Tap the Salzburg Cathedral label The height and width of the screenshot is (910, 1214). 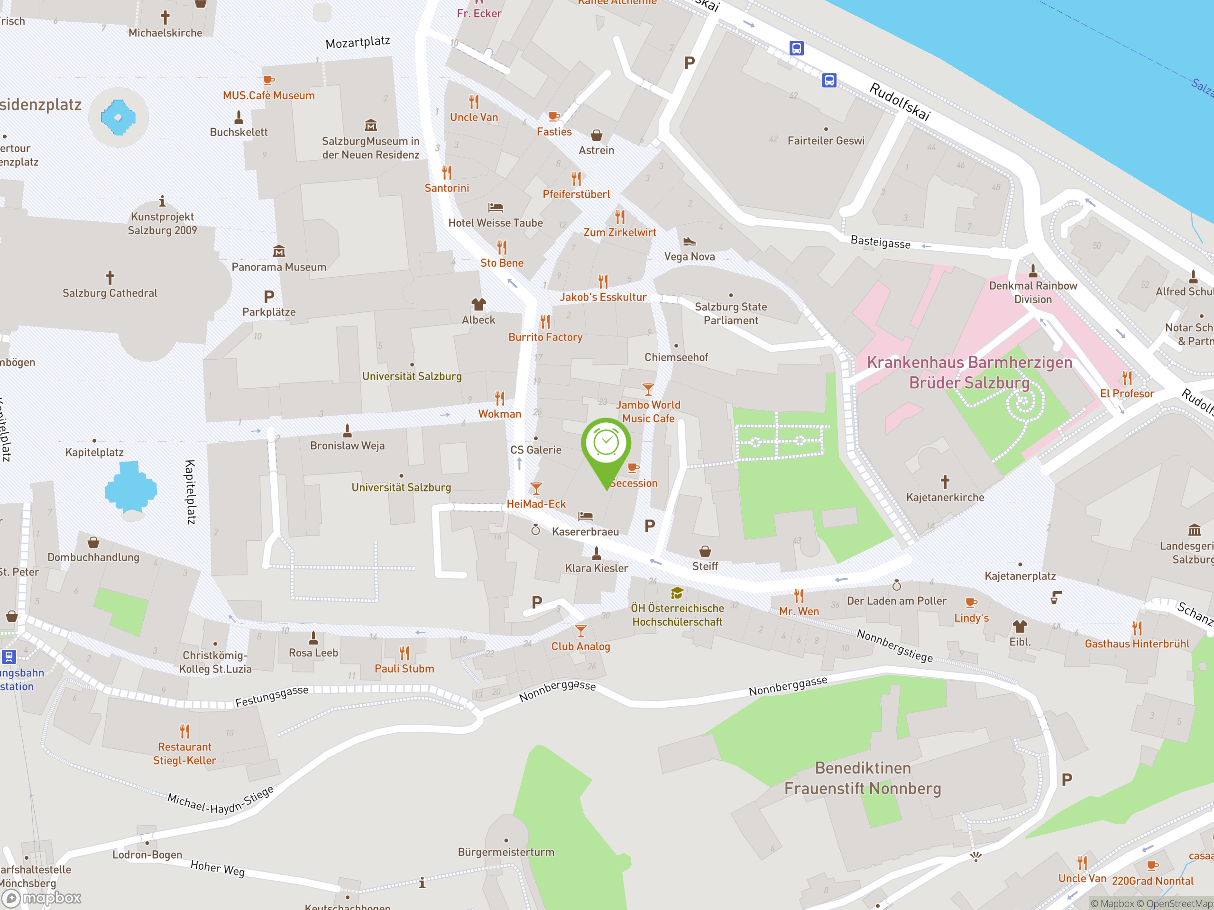[x=110, y=293]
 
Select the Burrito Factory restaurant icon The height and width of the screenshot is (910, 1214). [x=545, y=321]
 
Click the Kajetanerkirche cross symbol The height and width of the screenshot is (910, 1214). [x=945, y=482]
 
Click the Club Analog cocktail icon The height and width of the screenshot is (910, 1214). [x=580, y=630]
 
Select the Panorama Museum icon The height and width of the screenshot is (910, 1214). [x=279, y=251]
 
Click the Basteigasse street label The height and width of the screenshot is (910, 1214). [x=880, y=242]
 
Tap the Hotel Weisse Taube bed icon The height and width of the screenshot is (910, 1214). [x=495, y=207]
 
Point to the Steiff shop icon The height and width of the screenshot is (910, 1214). [x=705, y=551]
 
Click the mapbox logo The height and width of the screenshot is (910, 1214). [x=42, y=898]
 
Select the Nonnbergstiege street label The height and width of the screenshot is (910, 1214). [x=894, y=646]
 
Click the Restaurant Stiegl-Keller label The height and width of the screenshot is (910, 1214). [x=184, y=753]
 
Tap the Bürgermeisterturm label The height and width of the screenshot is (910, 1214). [x=506, y=852]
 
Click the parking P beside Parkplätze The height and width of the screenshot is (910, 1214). [x=269, y=297]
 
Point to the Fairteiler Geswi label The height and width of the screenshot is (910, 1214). [x=826, y=141]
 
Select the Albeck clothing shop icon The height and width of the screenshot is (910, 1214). [x=478, y=304]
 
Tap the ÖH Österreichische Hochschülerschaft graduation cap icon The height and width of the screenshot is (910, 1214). [x=677, y=592]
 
